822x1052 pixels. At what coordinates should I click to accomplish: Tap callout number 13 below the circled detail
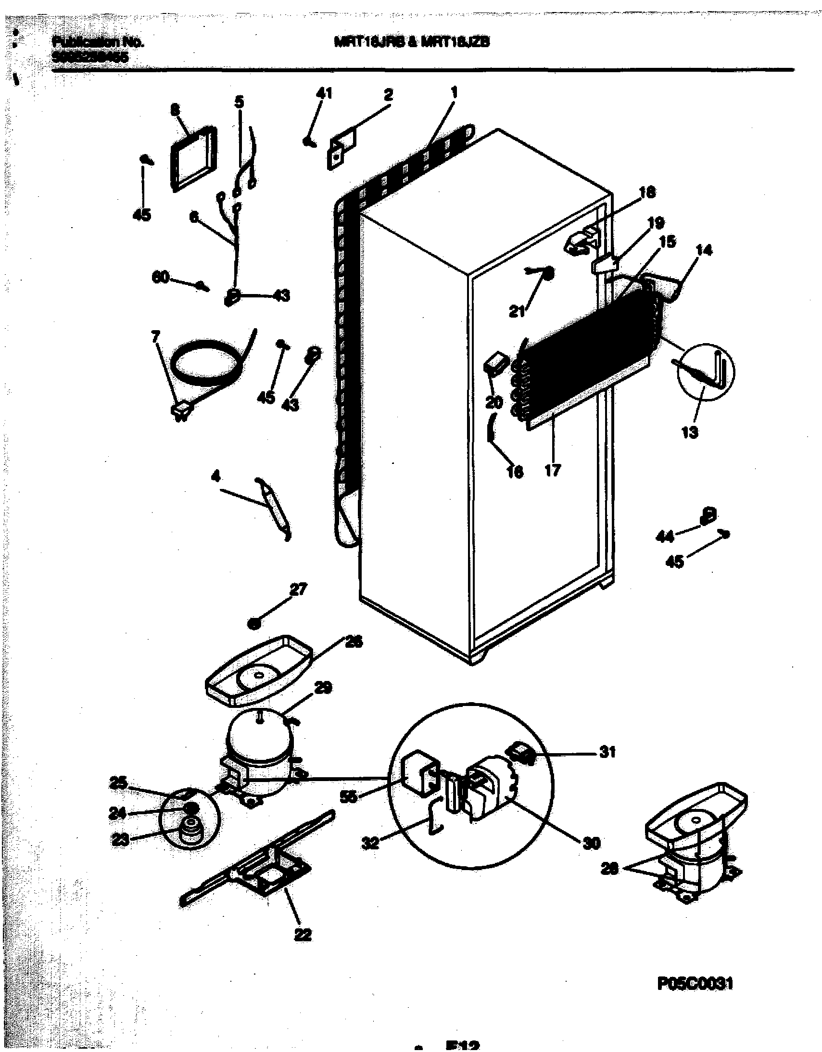click(x=690, y=433)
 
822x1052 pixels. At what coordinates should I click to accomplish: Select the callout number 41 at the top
click(x=324, y=93)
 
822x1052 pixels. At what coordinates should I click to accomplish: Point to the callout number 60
click(x=160, y=278)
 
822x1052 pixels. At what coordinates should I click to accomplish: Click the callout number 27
click(x=298, y=590)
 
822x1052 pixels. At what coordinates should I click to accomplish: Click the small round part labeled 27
click(x=255, y=623)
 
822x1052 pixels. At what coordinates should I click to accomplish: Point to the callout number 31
click(x=607, y=751)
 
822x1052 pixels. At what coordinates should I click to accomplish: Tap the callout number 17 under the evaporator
click(x=552, y=470)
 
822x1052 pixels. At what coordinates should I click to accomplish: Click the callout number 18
click(x=647, y=192)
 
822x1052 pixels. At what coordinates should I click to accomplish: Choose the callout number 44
click(x=665, y=536)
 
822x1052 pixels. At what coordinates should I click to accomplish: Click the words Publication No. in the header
click(x=97, y=42)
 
